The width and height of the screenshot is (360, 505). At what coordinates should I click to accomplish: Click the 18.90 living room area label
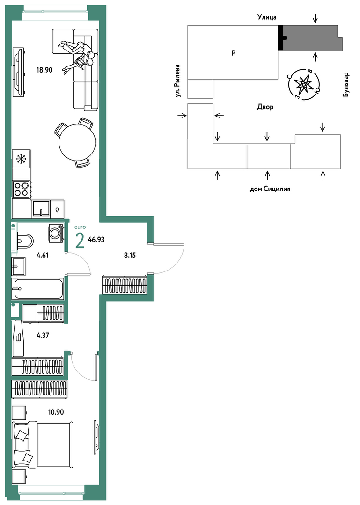click(x=44, y=70)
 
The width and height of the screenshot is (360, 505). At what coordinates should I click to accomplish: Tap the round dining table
click(x=77, y=142)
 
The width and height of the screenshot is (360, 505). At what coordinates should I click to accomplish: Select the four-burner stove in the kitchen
click(x=22, y=189)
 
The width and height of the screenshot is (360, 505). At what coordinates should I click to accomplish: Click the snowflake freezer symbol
click(x=21, y=158)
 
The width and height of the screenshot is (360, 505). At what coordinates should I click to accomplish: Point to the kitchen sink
click(x=41, y=209)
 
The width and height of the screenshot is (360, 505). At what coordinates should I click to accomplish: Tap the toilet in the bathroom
click(x=25, y=241)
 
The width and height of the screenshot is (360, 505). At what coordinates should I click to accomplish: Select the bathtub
click(x=38, y=289)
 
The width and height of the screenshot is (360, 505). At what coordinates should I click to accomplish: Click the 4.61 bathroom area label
click(x=43, y=256)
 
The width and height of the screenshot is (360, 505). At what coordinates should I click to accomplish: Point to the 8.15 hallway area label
click(x=130, y=256)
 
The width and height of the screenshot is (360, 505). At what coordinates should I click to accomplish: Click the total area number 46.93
click(x=96, y=240)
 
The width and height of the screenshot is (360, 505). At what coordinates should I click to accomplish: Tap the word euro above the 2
click(x=80, y=227)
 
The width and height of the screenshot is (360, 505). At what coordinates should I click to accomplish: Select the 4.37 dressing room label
click(x=43, y=335)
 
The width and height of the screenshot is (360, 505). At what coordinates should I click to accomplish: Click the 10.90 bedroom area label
click(x=56, y=412)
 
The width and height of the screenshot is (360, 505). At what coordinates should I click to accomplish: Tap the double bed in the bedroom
click(x=43, y=445)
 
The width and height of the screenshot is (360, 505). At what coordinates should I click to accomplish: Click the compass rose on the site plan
click(x=304, y=84)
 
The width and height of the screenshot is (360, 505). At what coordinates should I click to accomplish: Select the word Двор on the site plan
click(x=265, y=107)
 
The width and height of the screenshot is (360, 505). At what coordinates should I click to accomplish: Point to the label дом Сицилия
click(x=270, y=189)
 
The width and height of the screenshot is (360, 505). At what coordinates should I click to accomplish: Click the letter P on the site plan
click(x=234, y=53)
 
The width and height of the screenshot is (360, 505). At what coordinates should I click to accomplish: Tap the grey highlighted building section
click(x=310, y=38)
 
